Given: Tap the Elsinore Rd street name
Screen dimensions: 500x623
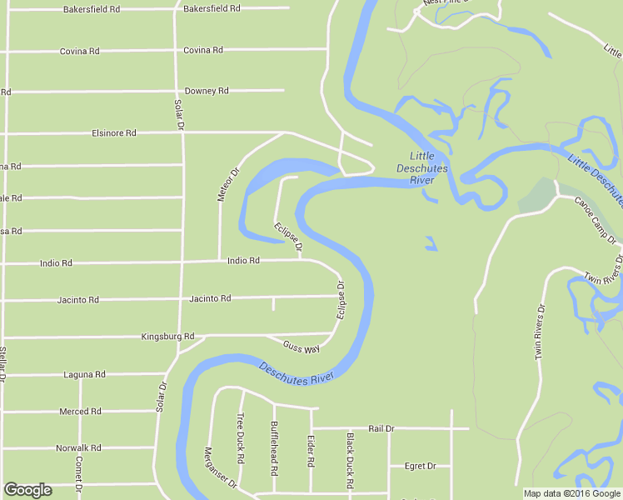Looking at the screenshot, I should (114, 132).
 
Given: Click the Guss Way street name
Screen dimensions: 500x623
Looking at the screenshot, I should (302, 347).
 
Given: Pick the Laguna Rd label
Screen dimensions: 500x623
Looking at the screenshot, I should (84, 375).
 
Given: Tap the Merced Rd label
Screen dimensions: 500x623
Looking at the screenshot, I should (80, 412).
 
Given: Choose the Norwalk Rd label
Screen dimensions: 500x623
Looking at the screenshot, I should (78, 448).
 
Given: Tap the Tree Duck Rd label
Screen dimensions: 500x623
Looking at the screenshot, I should (241, 438).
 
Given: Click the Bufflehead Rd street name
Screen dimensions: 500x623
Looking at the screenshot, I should (274, 447).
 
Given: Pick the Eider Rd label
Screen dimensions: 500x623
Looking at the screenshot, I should (311, 450).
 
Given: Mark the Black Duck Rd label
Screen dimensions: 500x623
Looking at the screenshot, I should (351, 460).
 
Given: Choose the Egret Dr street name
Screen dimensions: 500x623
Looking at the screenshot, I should (420, 466).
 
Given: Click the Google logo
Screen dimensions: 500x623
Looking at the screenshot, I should (27, 490).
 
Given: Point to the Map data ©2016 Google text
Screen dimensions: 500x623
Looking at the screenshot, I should (571, 493).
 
